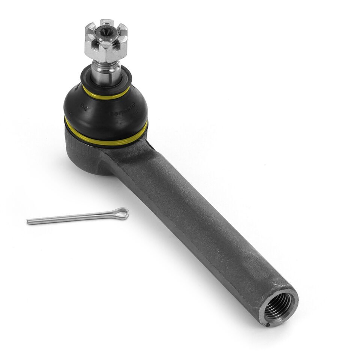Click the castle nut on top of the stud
point(106,39)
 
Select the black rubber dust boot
point(105,111)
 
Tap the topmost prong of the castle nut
point(106,22)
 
